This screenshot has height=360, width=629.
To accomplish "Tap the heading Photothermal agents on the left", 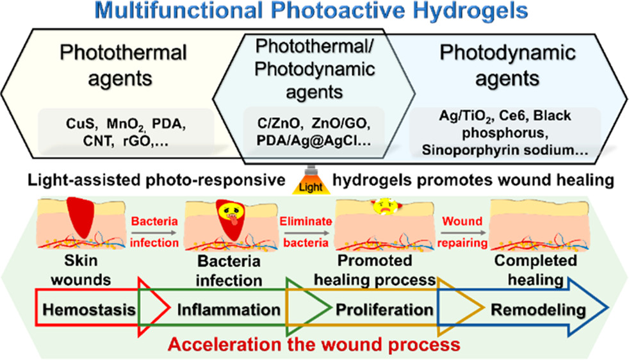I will [x=123, y=65].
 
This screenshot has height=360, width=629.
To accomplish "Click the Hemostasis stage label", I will [x=90, y=309].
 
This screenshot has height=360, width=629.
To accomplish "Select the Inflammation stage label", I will [x=229, y=310].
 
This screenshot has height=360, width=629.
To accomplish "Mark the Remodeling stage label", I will [x=538, y=310].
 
